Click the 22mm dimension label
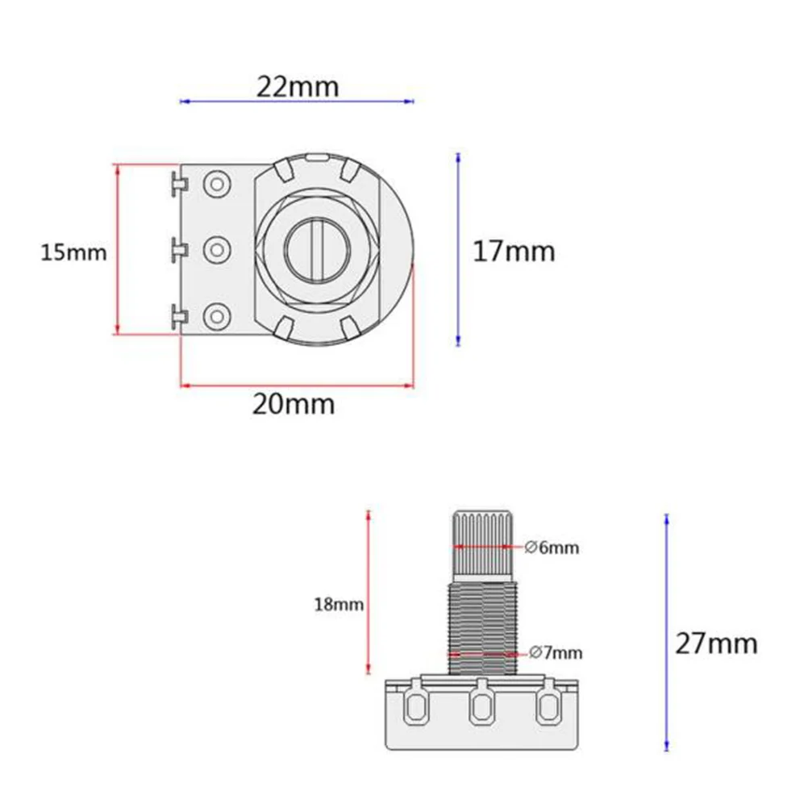298,86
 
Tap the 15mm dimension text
73,252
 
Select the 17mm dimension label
514,252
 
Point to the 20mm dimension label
294,404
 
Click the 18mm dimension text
339,604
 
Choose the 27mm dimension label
716,643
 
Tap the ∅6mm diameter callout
552,548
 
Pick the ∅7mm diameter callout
556,653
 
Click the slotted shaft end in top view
317,250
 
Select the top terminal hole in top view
217,184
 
